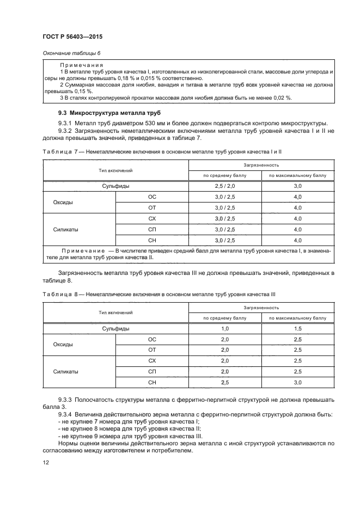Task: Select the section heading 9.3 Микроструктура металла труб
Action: [102, 112]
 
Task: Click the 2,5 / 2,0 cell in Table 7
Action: [225, 186]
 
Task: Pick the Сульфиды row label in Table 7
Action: [115, 186]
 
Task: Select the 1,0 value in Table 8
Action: [225, 328]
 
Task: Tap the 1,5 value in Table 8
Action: [297, 328]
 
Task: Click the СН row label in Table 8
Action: [152, 383]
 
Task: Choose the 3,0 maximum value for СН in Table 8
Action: [297, 383]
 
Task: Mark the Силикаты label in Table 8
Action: [66, 372]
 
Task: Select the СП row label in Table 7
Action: [152, 230]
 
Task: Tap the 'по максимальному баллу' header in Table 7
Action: [297, 176]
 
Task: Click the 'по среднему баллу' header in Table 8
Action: [225, 318]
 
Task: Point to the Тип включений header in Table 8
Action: [115, 312]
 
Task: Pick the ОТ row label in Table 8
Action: [152, 349]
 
